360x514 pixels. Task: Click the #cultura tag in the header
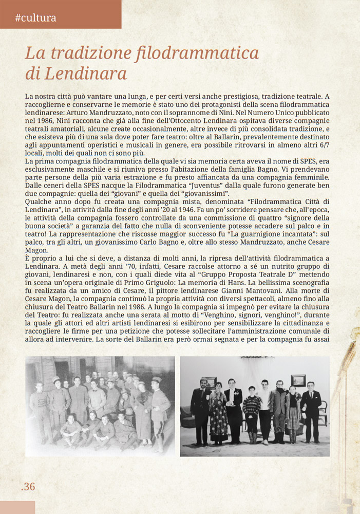[x=35, y=18]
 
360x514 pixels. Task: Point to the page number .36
[x=28, y=486]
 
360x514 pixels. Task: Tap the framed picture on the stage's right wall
[x=298, y=381]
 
